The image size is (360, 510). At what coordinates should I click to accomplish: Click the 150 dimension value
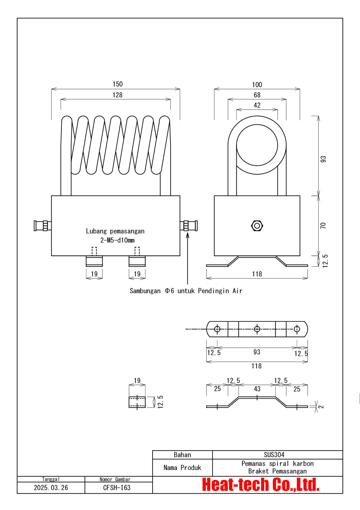point(118,84)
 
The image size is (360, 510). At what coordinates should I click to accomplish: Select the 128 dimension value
point(117,95)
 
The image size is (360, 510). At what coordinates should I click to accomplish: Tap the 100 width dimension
point(257,85)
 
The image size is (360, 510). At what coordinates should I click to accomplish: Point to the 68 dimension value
point(257,95)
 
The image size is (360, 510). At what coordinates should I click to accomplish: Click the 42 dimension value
point(257,105)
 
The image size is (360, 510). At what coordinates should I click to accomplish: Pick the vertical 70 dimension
point(323,225)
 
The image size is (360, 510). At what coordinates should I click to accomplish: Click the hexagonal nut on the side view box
point(257,226)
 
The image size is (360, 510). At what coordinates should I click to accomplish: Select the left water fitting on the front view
point(42,226)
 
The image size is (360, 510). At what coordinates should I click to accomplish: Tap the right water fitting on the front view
point(189,226)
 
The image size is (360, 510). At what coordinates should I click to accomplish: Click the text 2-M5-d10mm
point(117,240)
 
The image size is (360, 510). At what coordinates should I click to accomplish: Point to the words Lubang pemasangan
point(115,231)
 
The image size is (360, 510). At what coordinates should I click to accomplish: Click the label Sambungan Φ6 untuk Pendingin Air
point(186,291)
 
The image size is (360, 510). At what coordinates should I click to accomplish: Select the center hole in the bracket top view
point(257,329)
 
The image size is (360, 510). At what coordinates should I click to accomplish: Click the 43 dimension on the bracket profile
point(257,389)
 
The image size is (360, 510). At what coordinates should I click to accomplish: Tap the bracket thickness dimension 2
point(321,406)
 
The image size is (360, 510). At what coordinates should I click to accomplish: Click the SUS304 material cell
point(274,455)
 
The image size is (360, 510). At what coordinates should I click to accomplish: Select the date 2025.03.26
point(51,488)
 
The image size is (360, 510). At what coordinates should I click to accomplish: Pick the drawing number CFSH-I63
point(117,488)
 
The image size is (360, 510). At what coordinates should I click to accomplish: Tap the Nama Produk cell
point(182,468)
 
